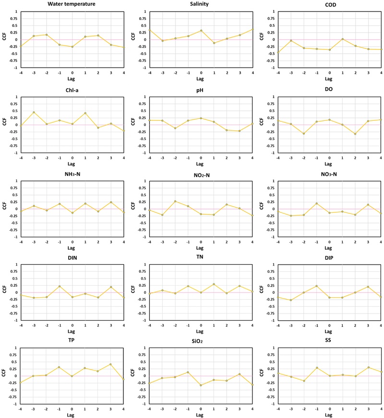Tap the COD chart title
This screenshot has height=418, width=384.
coord(329,5)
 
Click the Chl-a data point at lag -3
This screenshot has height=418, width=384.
coord(34,112)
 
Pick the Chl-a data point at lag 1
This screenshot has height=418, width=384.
coord(85,113)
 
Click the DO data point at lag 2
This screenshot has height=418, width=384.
coord(355,134)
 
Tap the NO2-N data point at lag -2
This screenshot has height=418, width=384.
coord(175,201)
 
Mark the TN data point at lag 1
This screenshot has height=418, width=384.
coord(214,284)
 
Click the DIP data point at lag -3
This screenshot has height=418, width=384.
coord(291,300)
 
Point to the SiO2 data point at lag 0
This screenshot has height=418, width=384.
coord(201,385)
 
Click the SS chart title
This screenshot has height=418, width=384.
coord(329,341)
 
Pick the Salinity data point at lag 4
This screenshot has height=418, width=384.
coord(252,29)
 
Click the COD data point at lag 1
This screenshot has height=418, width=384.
coord(342,39)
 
